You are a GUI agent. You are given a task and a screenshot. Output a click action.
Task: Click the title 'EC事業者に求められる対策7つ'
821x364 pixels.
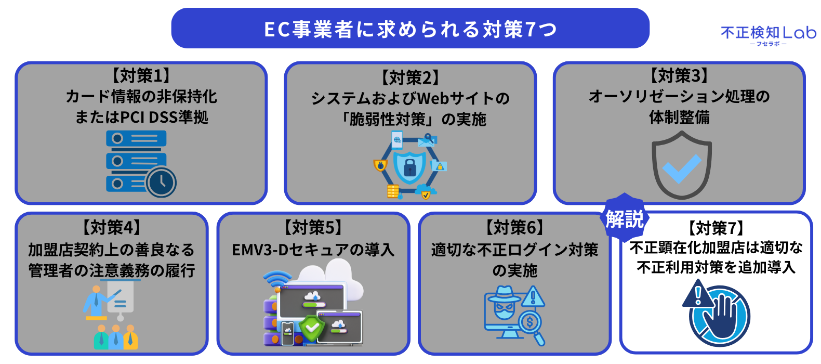pyautogui.click(x=410, y=29)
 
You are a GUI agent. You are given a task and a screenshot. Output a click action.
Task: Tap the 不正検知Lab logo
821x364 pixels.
pyautogui.click(x=768, y=35)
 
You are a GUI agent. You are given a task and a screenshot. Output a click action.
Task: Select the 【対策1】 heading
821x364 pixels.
pyautogui.click(x=141, y=75)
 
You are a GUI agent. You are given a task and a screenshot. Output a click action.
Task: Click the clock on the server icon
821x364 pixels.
pyautogui.click(x=161, y=182)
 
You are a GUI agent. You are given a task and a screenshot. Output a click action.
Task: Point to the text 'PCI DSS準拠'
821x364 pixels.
pyautogui.click(x=164, y=118)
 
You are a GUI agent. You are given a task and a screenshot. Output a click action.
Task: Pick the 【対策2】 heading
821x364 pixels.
pyautogui.click(x=410, y=77)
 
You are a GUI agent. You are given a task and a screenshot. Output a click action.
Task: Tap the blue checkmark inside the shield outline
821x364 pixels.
pyautogui.click(x=682, y=168)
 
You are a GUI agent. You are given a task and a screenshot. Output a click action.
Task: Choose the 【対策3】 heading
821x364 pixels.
pyautogui.click(x=679, y=75)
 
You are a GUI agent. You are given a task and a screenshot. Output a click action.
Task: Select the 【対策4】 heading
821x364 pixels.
pyautogui.click(x=111, y=228)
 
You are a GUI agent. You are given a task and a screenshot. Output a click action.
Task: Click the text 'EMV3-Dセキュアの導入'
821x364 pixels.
pyautogui.click(x=313, y=250)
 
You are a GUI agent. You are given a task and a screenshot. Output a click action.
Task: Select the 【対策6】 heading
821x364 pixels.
pyautogui.click(x=514, y=228)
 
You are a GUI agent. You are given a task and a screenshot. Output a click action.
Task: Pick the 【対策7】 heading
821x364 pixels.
pyautogui.click(x=716, y=228)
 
